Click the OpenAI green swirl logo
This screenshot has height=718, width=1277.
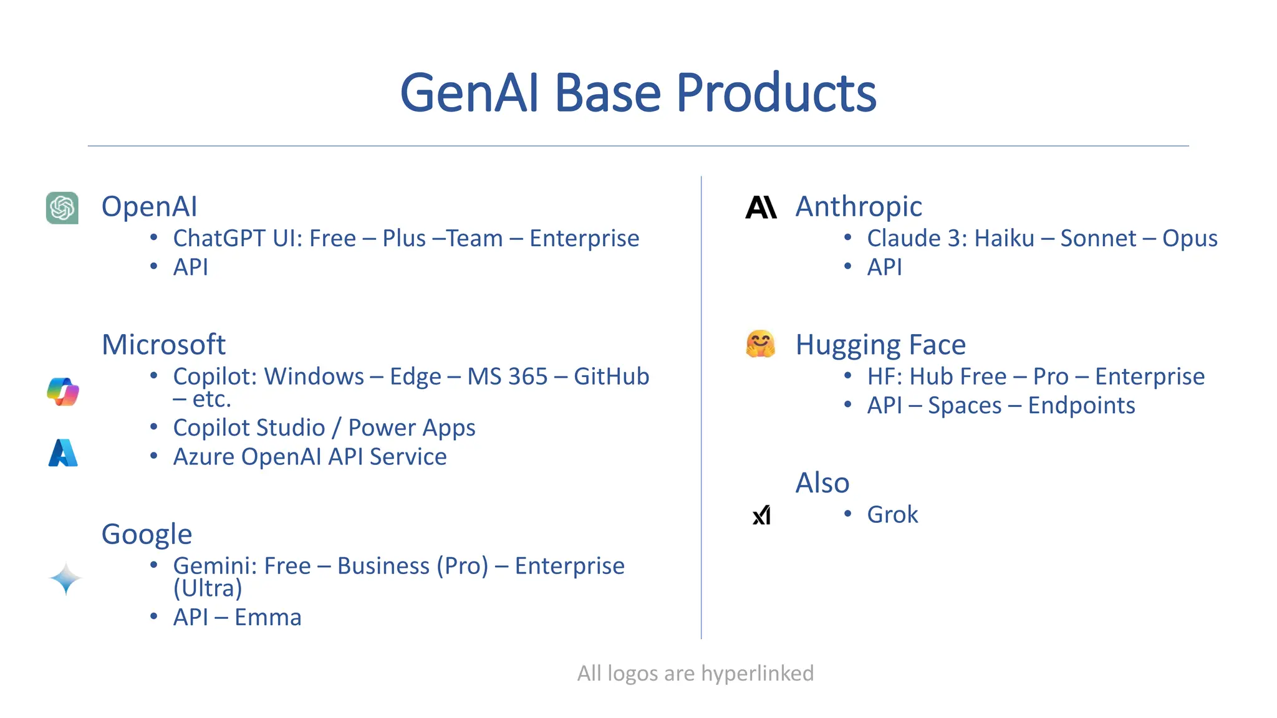(62, 208)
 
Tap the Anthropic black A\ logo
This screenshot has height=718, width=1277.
(761, 207)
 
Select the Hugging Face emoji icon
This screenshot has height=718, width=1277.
(760, 344)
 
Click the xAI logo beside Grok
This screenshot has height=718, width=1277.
(761, 515)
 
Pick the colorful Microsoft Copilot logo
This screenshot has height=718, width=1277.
(63, 391)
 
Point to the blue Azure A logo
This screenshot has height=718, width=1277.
(63, 453)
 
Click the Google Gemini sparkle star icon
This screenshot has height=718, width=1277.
(65, 579)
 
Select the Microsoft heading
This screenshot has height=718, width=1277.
(163, 345)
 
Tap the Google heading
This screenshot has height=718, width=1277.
(147, 534)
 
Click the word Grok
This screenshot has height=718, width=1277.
(892, 515)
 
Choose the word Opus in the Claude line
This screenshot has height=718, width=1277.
(1189, 239)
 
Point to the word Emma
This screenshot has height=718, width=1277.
(267, 618)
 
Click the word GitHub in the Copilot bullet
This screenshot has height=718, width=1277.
(611, 376)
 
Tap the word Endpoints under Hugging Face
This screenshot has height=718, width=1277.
(1081, 406)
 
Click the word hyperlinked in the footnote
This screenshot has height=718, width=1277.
(757, 673)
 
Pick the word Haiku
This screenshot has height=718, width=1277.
(1004, 239)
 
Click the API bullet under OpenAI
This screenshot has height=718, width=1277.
(190, 267)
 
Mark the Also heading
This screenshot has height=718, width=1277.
(822, 483)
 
